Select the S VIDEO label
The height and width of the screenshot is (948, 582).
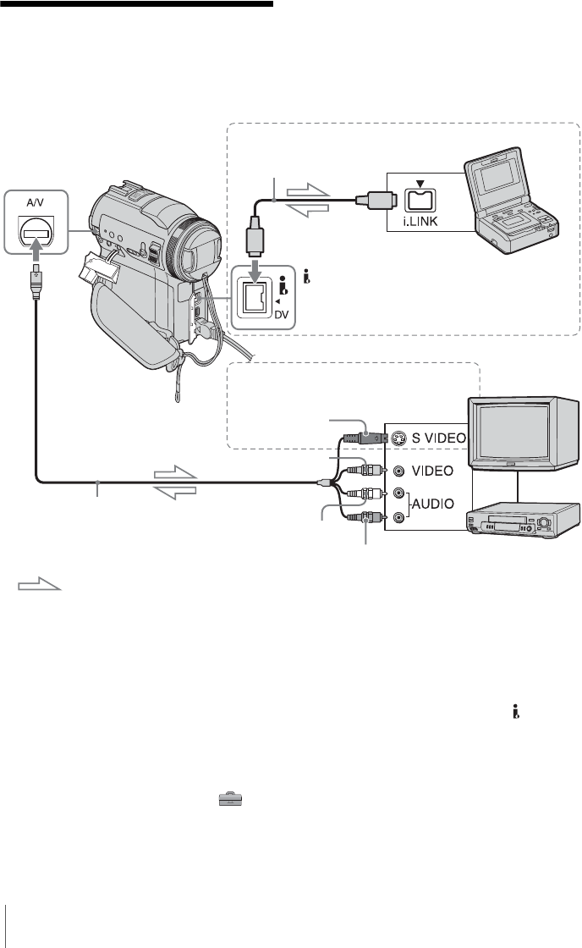click(431, 440)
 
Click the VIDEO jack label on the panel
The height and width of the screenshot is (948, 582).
click(431, 470)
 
